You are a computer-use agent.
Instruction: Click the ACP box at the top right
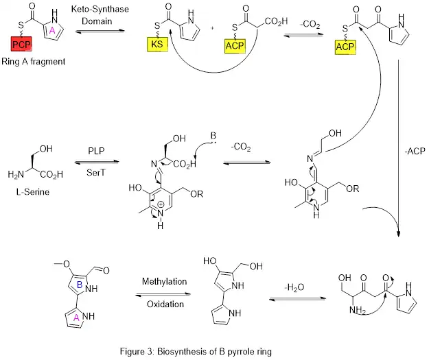[x=345, y=47]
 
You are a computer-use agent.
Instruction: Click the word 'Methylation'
[x=164, y=282]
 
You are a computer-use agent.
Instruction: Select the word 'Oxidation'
[x=164, y=305]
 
